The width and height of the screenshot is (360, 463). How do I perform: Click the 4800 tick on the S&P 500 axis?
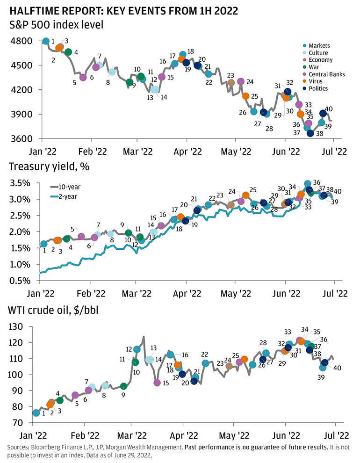(x=22, y=41)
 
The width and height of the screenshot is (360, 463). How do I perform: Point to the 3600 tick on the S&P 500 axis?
(x=22, y=139)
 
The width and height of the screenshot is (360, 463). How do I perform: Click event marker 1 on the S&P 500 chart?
(x=46, y=42)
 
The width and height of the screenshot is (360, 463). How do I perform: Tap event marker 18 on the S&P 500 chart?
(x=183, y=55)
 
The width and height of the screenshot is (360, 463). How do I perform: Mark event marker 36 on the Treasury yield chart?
(x=308, y=184)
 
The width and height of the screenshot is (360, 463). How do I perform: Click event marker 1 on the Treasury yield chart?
(x=44, y=244)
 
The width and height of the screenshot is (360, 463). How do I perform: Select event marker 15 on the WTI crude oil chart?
(x=157, y=383)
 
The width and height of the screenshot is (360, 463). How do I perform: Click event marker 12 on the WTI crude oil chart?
(x=137, y=349)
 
